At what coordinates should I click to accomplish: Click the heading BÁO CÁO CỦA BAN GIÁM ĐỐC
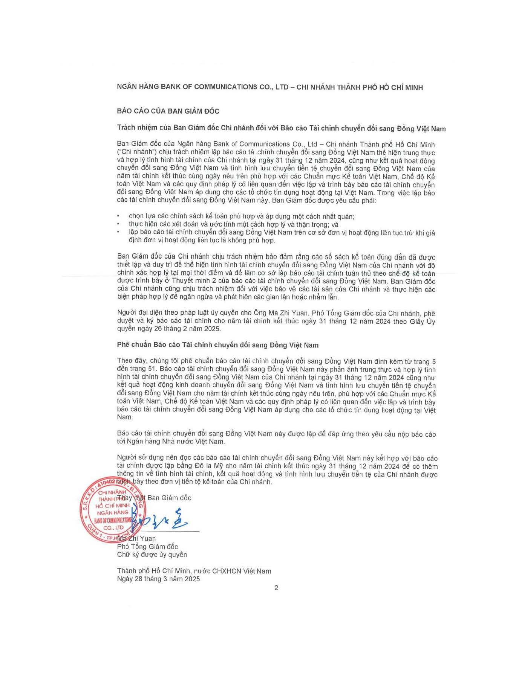[x=168, y=111]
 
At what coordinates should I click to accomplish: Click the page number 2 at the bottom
[x=276, y=588]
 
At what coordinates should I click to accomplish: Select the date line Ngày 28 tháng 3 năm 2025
[x=158, y=579]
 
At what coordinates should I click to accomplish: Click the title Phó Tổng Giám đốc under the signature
[x=147, y=546]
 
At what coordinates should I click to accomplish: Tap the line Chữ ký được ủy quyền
[x=152, y=555]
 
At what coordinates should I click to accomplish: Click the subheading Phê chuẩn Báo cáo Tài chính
[x=217, y=345]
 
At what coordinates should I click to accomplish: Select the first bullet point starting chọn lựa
[x=241, y=216]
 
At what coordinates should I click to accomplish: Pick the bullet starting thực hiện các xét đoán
[x=233, y=224]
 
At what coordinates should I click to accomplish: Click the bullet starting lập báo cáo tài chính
[x=282, y=233]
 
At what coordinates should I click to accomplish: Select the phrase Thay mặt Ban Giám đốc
[x=155, y=498]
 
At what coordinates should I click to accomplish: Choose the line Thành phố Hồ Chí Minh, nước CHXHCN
[x=194, y=571]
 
